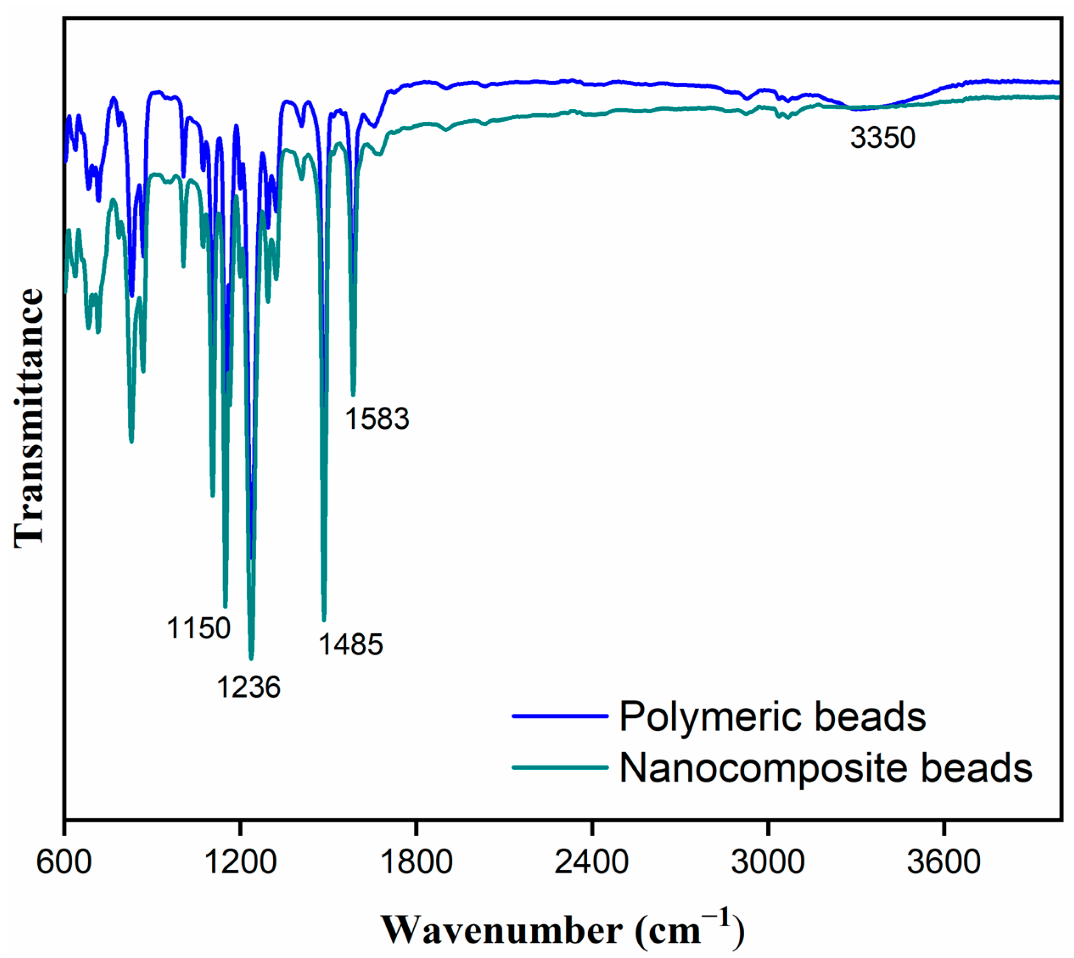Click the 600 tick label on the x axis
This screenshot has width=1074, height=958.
pyautogui.click(x=64, y=863)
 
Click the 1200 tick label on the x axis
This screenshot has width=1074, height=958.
pyautogui.click(x=240, y=863)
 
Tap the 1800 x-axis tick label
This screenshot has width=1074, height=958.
pyautogui.click(x=416, y=863)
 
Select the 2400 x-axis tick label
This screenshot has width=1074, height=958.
pyautogui.click(x=592, y=863)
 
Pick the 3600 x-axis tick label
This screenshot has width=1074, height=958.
pyautogui.click(x=943, y=863)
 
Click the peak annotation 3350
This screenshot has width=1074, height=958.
pyautogui.click(x=883, y=138)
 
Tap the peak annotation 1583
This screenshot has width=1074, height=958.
pyautogui.click(x=377, y=419)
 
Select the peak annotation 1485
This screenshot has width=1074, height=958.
pyautogui.click(x=351, y=644)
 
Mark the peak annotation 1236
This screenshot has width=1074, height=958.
pyautogui.click(x=249, y=687)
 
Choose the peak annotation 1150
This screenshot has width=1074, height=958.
pyautogui.click(x=199, y=628)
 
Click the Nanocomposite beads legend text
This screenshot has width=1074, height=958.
pyautogui.click(x=825, y=768)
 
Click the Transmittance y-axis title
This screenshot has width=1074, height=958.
pyautogui.click(x=29, y=419)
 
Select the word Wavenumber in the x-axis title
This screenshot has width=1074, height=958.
pyautogui.click(x=502, y=930)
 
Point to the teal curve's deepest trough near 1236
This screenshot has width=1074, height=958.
pyautogui.click(x=251, y=659)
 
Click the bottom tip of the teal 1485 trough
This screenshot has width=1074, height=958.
pyautogui.click(x=324, y=620)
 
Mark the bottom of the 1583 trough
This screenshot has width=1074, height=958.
pyautogui.click(x=353, y=394)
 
